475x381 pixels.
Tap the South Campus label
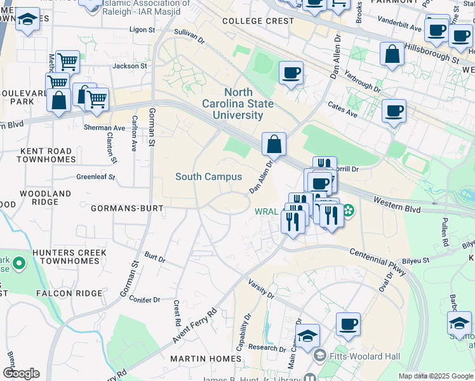coord(208,177)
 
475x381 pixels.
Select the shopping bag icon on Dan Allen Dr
coord(274,144)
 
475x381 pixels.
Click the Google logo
coord(21,373)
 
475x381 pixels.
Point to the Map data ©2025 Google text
coord(435,376)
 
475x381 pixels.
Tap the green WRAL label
coord(265,211)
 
